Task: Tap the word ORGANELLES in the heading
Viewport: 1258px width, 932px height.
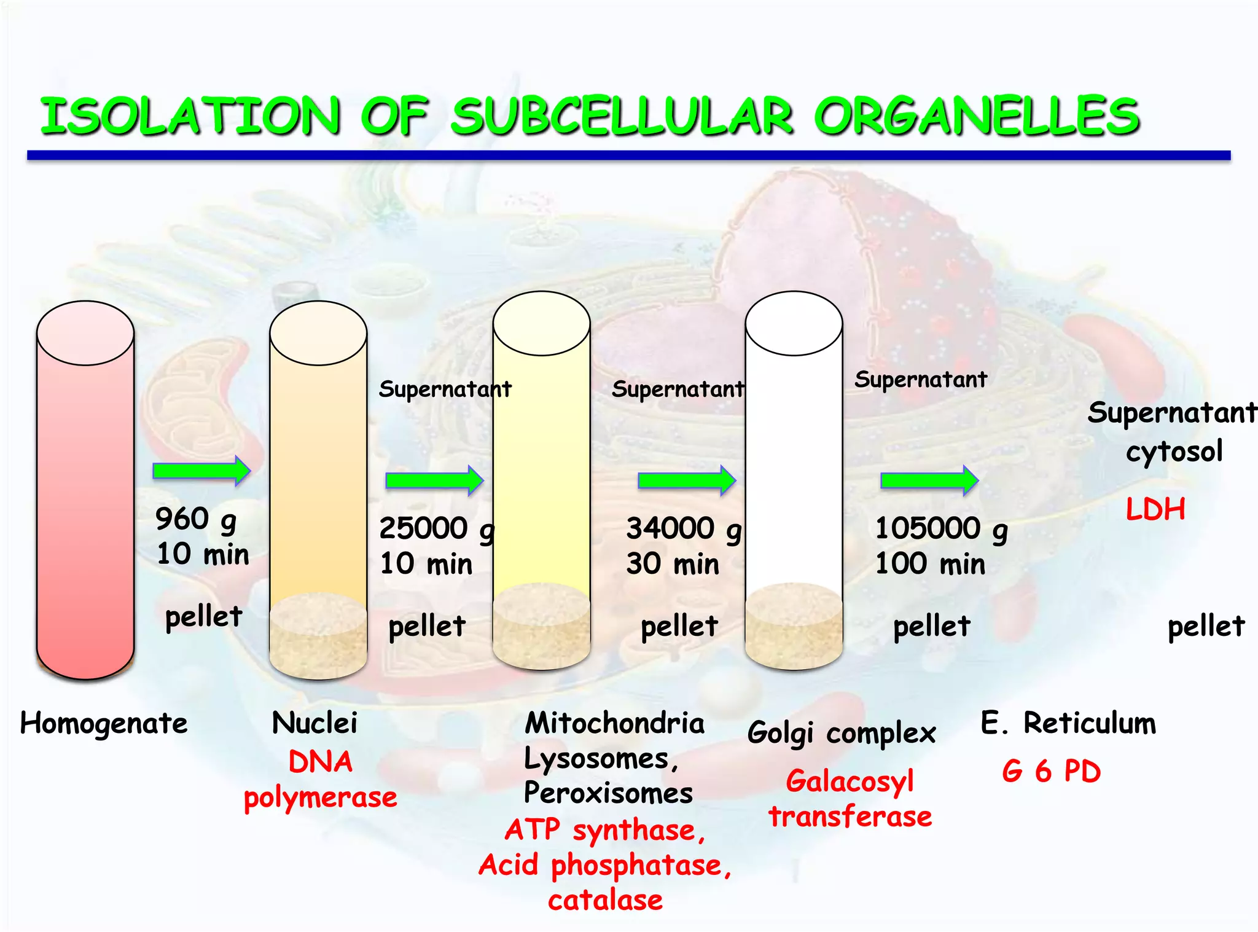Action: click(977, 116)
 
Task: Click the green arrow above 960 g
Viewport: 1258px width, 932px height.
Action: click(201, 471)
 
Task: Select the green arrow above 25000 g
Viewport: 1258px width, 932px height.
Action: click(434, 480)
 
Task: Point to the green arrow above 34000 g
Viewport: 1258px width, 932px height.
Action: click(687, 480)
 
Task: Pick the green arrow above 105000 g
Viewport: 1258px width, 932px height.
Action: click(929, 480)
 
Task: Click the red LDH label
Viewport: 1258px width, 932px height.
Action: click(1155, 509)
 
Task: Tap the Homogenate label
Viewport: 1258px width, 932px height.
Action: click(104, 724)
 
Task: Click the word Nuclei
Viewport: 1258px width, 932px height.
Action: click(314, 723)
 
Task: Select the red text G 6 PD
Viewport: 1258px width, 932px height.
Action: click(1051, 771)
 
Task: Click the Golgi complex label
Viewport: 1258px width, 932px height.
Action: click(842, 733)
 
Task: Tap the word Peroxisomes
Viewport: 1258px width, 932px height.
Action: click(608, 793)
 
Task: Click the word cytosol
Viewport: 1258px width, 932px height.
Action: click(1174, 452)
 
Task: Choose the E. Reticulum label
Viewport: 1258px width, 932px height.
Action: click(1068, 723)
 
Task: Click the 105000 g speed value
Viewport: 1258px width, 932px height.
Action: click(940, 528)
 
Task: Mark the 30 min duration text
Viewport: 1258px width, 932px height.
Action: click(673, 563)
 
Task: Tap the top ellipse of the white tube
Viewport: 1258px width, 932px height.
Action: click(794, 324)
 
